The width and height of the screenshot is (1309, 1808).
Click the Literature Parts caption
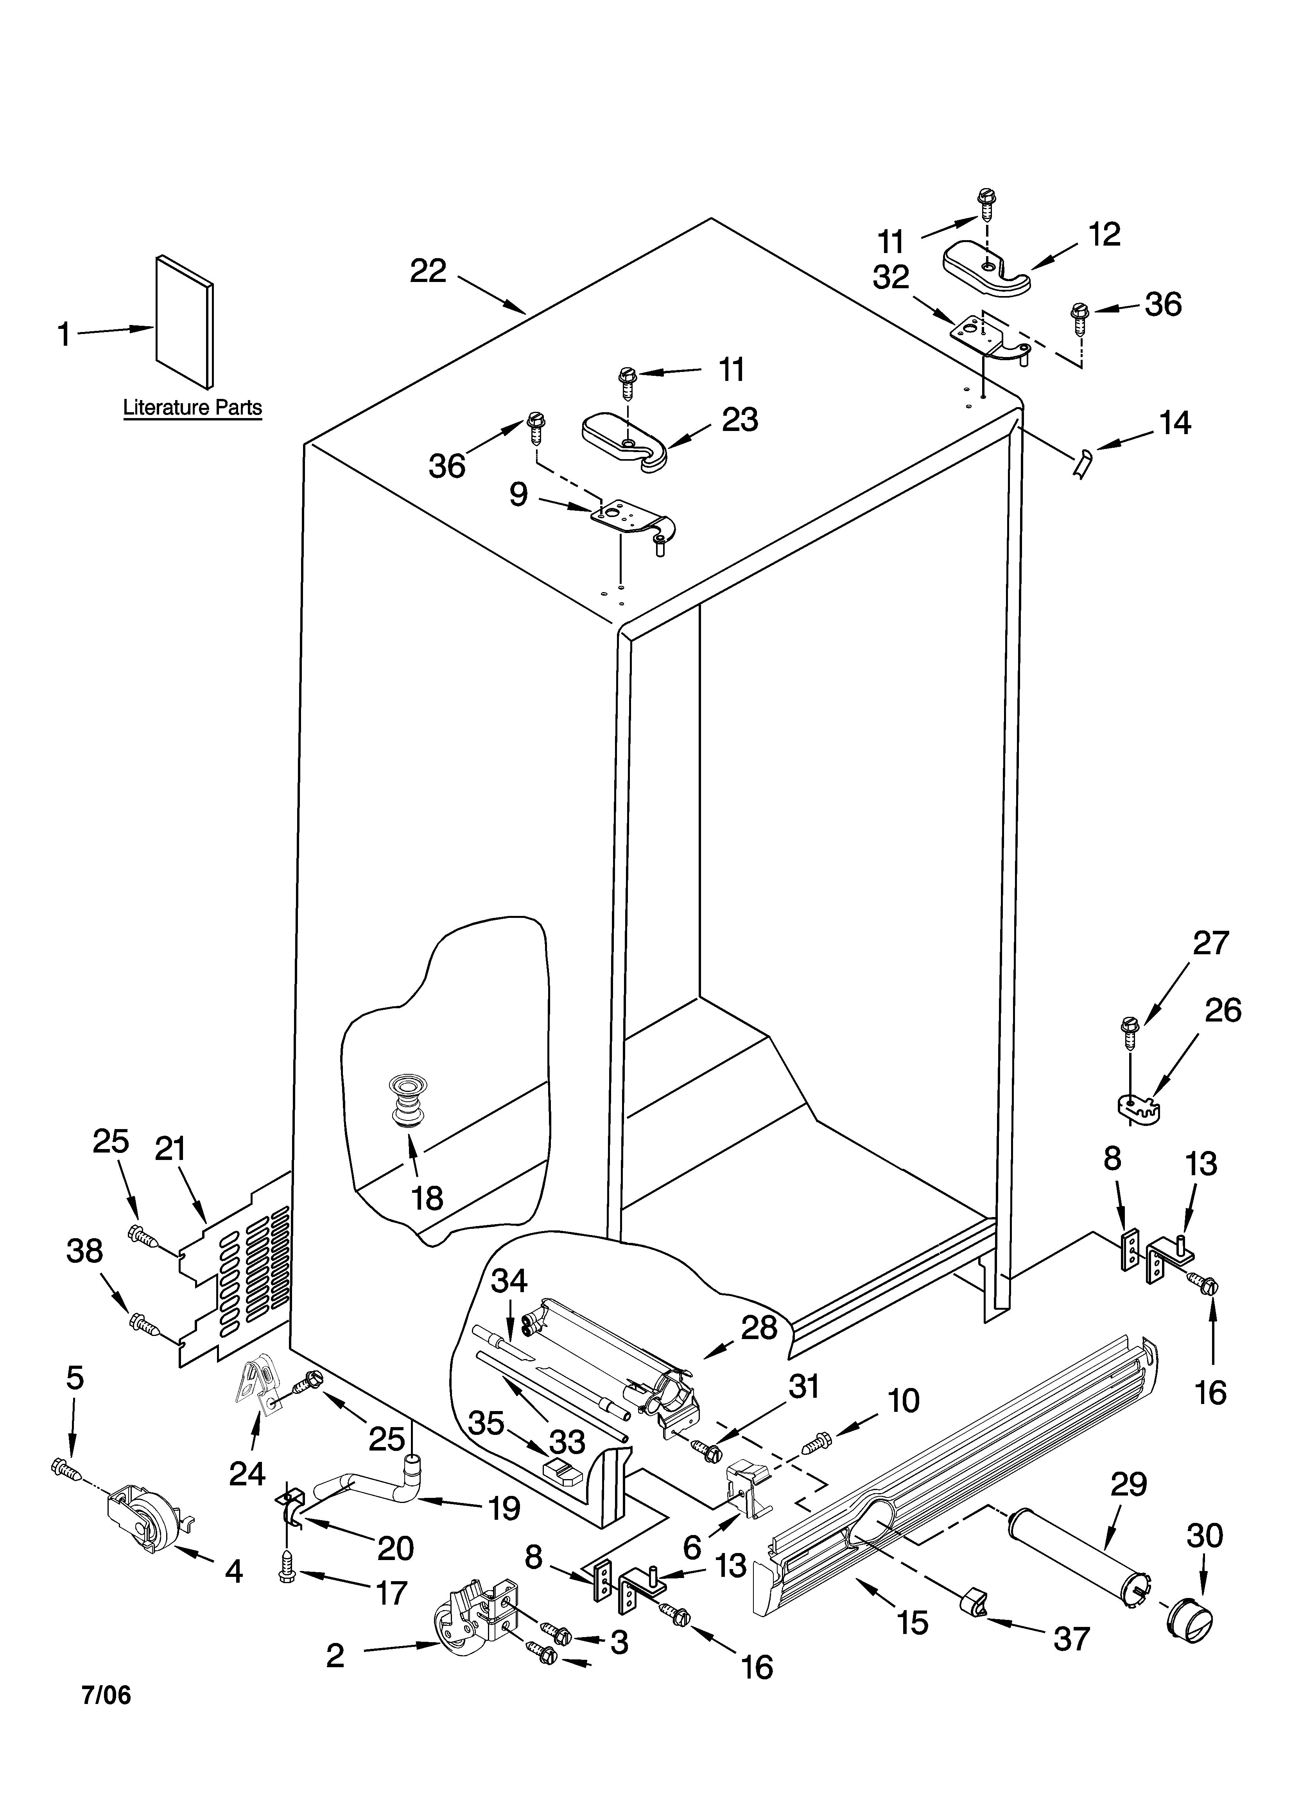pos(192,408)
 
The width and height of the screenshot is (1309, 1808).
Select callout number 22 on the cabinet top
pos(428,272)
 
